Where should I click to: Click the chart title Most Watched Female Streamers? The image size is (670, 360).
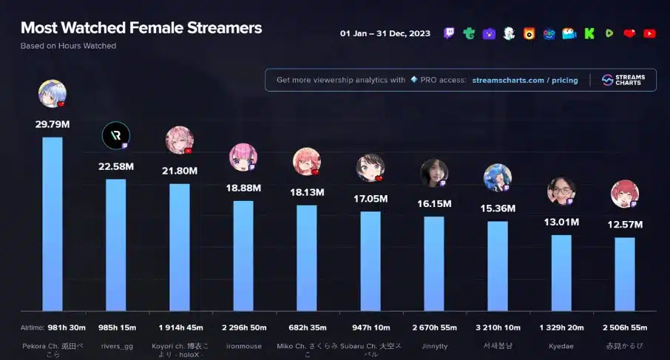141,28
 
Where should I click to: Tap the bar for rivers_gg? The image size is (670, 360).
116,244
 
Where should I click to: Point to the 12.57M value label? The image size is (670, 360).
625,225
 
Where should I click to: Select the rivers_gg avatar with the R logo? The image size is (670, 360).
116,135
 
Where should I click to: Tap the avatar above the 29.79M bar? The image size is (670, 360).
53,94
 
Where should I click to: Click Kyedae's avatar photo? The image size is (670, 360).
561,191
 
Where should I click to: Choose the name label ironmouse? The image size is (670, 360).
243,346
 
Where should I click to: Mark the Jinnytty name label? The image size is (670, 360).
434,346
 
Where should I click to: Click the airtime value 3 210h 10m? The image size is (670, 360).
498,327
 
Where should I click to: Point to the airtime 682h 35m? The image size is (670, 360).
307,327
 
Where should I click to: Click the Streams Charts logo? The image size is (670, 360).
623,80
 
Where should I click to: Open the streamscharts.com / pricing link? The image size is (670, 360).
525,80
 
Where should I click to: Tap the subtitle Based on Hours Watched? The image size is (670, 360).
68,46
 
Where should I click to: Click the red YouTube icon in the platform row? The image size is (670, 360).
649,33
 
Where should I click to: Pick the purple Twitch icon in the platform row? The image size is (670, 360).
450,33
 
